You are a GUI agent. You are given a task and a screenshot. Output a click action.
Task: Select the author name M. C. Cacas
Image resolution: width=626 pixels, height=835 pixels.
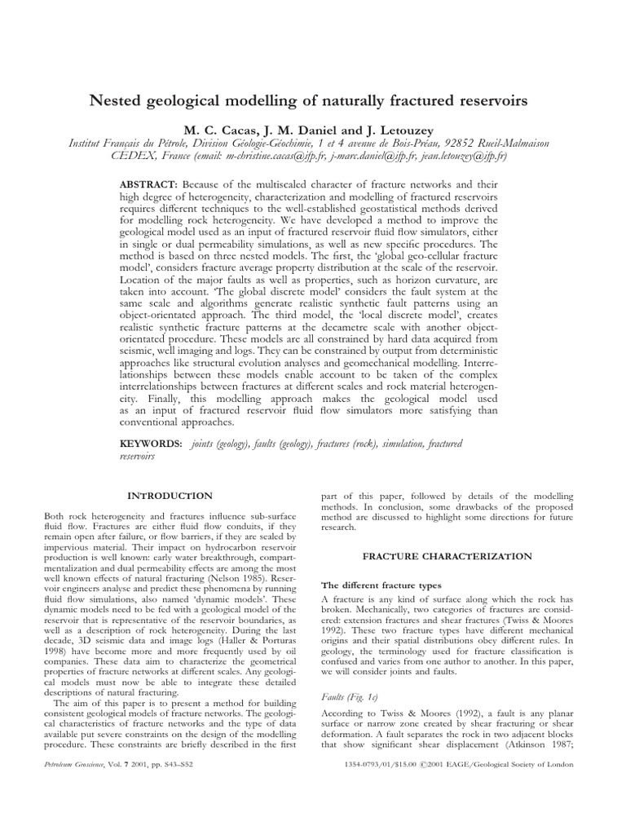pos(218,129)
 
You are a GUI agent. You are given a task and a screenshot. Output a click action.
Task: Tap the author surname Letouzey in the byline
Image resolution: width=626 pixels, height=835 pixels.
pos(411,129)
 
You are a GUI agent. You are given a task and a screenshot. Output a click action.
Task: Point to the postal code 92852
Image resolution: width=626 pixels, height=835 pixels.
pos(447,143)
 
